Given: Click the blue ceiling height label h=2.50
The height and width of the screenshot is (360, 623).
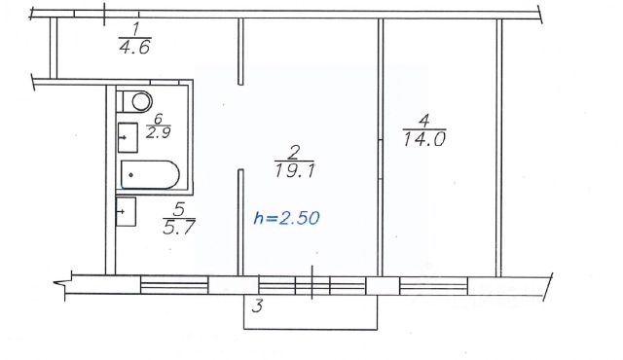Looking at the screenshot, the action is (286, 218).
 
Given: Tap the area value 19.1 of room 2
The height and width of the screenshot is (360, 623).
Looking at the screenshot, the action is (294, 171).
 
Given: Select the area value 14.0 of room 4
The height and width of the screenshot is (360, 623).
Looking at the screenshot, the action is (424, 139).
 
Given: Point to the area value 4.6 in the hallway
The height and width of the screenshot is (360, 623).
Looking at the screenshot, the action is (134, 47).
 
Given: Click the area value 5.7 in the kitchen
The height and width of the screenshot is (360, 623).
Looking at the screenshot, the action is (179, 227).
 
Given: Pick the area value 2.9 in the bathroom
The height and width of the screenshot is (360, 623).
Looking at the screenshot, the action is (158, 132).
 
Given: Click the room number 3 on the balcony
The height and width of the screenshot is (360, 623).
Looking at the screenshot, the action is (257, 306).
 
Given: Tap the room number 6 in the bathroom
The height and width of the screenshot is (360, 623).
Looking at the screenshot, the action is (158, 118).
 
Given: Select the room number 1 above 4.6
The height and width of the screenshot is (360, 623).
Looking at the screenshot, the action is (135, 29).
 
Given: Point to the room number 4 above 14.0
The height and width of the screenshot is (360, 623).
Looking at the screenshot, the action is (424, 121).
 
